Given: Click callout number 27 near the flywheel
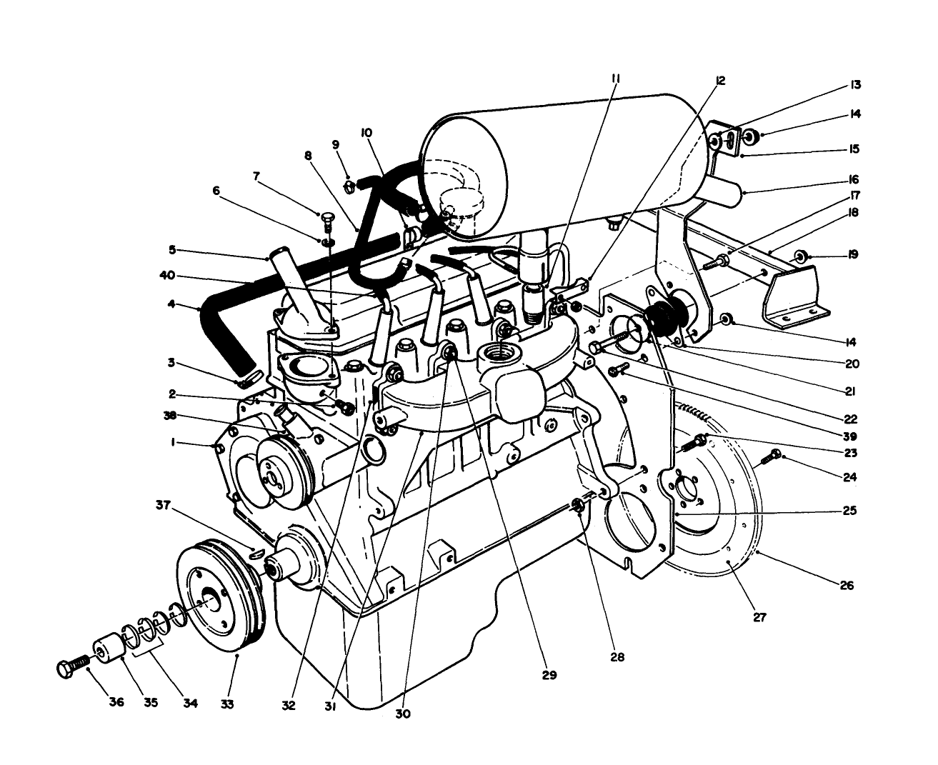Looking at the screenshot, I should click(x=759, y=617).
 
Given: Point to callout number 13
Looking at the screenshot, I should click(x=855, y=85).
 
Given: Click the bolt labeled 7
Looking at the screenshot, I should click(x=327, y=219).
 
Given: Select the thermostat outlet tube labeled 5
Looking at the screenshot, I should click(x=286, y=269).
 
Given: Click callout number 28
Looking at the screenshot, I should click(x=617, y=656).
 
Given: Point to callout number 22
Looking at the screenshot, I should click(x=850, y=419).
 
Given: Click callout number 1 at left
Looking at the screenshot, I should click(x=172, y=443).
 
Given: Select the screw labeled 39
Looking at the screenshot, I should click(x=619, y=369).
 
